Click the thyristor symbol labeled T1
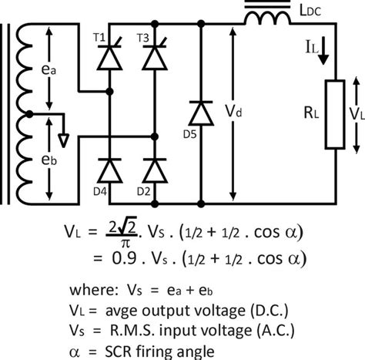109,56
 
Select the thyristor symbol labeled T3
155,56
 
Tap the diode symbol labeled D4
109,170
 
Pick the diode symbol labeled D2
155,170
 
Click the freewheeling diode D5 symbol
201,113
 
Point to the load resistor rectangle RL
335,114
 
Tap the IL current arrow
323,51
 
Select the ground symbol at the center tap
63,140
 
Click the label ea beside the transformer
49,69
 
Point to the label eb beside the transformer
49,160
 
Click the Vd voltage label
233,111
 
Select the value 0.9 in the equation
124,258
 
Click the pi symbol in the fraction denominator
126,243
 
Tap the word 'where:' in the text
93,290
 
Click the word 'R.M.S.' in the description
132,331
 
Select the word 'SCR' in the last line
119,352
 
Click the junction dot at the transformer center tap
29,114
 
